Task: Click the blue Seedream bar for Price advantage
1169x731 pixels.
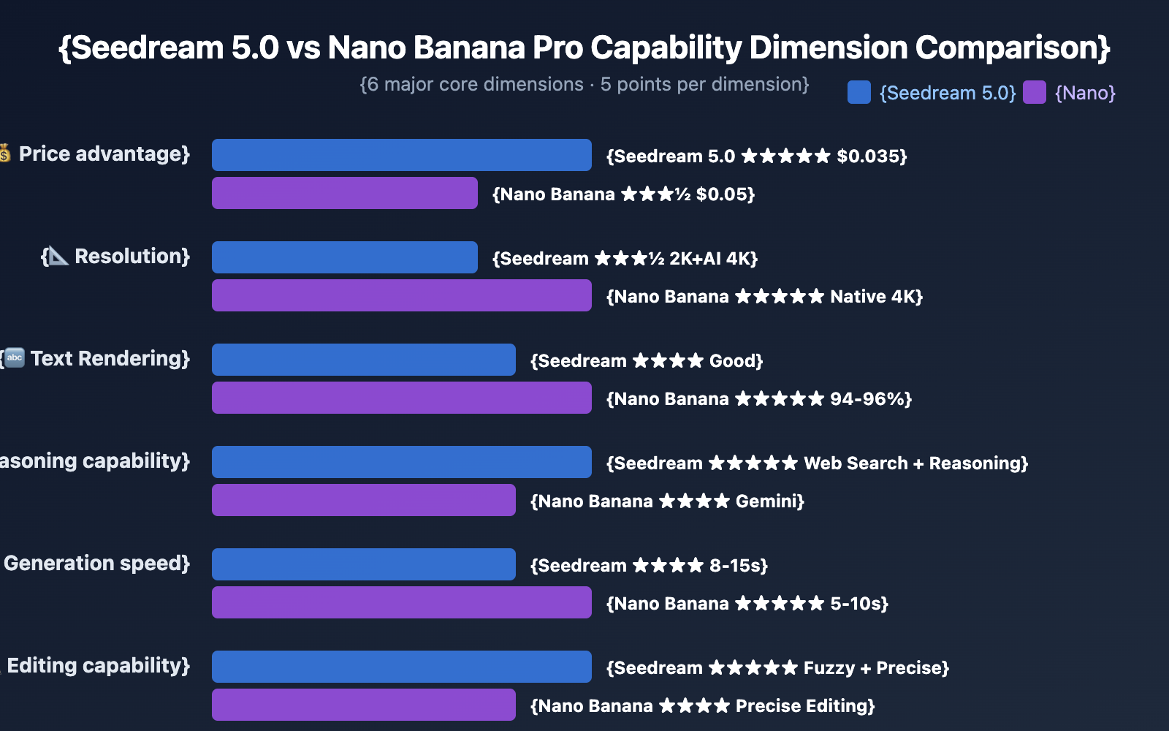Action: (x=401, y=155)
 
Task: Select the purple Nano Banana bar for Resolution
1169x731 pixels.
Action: (x=401, y=295)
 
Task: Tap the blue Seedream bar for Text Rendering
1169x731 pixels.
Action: (x=363, y=360)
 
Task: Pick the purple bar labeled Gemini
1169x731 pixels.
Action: (x=363, y=500)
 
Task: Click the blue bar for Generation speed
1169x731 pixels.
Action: (x=363, y=564)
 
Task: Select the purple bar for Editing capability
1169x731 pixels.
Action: (x=363, y=705)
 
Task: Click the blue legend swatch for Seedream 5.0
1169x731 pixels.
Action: (x=858, y=93)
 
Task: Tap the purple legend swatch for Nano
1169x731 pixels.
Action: (x=1034, y=93)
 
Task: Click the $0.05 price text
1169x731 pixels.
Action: (x=725, y=194)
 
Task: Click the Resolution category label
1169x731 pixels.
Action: (x=132, y=257)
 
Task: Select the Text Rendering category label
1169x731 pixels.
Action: (x=110, y=359)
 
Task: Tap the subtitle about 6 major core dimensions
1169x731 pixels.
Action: (x=584, y=85)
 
